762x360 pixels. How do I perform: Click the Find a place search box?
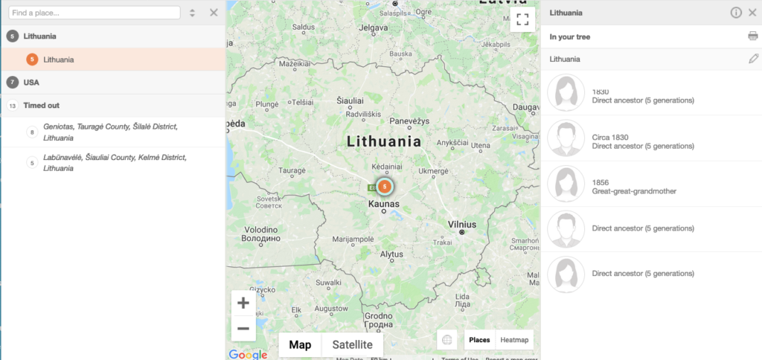tap(95, 13)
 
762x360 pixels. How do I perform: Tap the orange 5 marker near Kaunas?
tap(385, 186)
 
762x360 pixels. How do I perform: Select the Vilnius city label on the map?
tap(462, 223)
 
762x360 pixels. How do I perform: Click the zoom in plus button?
tap(243, 303)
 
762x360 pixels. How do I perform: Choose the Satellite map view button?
tap(352, 344)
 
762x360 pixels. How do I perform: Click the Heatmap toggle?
tap(514, 340)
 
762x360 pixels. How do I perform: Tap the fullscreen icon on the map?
tap(522, 20)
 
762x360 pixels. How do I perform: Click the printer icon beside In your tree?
tap(752, 36)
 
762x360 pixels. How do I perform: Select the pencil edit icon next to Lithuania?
tap(753, 59)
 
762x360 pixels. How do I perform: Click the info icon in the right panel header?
tap(736, 13)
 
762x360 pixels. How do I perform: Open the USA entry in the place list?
tap(31, 82)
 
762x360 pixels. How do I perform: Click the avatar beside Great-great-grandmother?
tap(566, 184)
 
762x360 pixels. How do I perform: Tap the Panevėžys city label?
tap(411, 120)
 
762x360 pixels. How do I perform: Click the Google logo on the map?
tap(248, 354)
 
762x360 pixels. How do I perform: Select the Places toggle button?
tap(479, 340)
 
